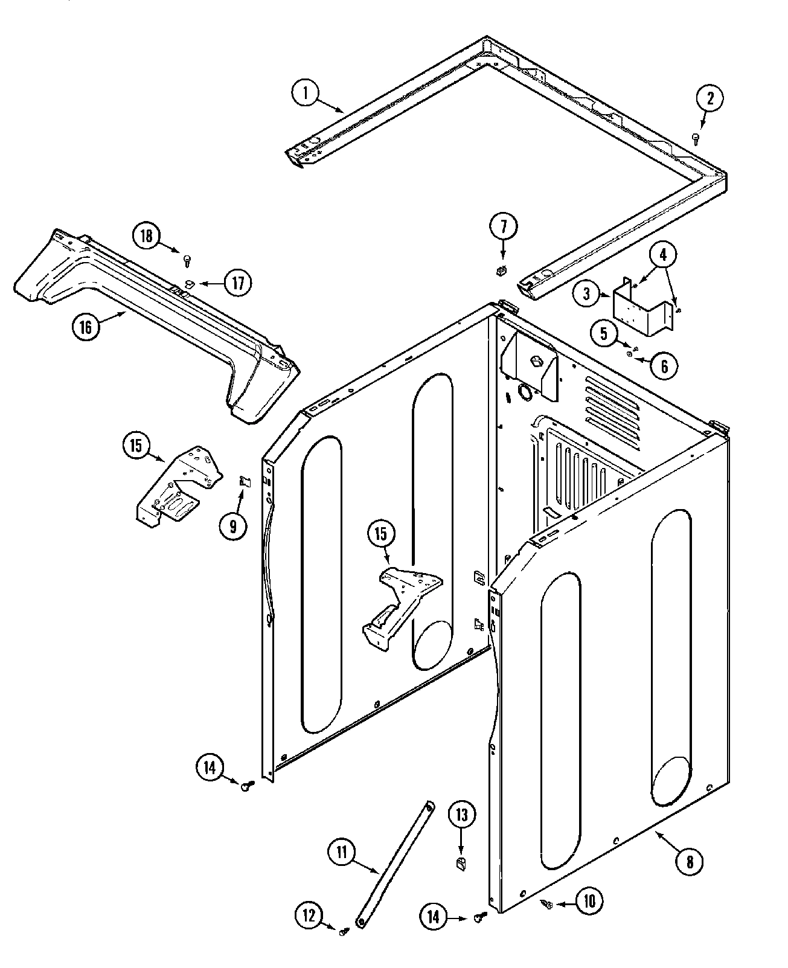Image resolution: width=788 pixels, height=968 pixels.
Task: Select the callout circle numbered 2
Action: [x=710, y=98]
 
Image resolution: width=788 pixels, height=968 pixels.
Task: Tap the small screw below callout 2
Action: [x=696, y=139]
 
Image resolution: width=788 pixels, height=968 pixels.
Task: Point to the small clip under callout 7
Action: [x=500, y=272]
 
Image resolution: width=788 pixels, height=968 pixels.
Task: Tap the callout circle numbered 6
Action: [x=664, y=365]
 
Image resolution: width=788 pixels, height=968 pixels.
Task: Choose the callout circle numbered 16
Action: [x=86, y=327]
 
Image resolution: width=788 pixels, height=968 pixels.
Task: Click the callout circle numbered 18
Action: [x=147, y=236]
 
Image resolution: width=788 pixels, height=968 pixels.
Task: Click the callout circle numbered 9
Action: [x=233, y=526]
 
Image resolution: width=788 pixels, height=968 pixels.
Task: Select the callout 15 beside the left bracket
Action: [x=136, y=446]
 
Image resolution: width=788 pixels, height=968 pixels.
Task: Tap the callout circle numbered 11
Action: [x=342, y=852]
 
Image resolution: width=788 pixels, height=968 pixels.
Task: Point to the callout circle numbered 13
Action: [x=461, y=816]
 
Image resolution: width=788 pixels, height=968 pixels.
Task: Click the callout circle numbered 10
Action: [x=589, y=902]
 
